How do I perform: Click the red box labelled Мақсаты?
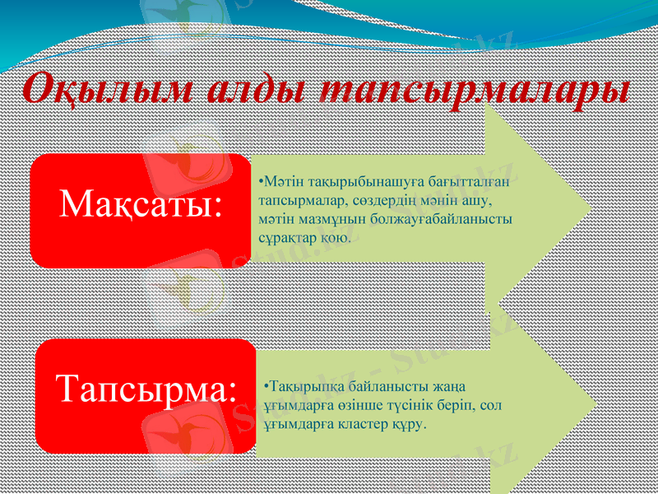tap(141, 207)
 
